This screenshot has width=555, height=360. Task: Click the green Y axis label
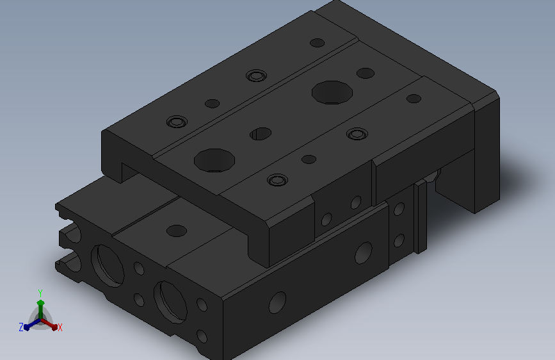coord(40,293)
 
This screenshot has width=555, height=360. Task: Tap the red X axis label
coord(60,327)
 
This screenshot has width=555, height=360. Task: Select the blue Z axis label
coord(21,327)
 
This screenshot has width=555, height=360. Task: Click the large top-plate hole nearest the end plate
coord(332,92)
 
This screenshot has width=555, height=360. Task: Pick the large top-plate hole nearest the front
coord(214,161)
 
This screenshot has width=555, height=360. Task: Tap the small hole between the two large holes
coord(261,134)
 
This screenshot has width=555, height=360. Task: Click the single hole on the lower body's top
coord(177,231)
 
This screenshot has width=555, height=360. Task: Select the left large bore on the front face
coord(108,265)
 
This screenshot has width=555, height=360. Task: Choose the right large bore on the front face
coord(171,302)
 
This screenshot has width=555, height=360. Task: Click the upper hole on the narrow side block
coord(399,209)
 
